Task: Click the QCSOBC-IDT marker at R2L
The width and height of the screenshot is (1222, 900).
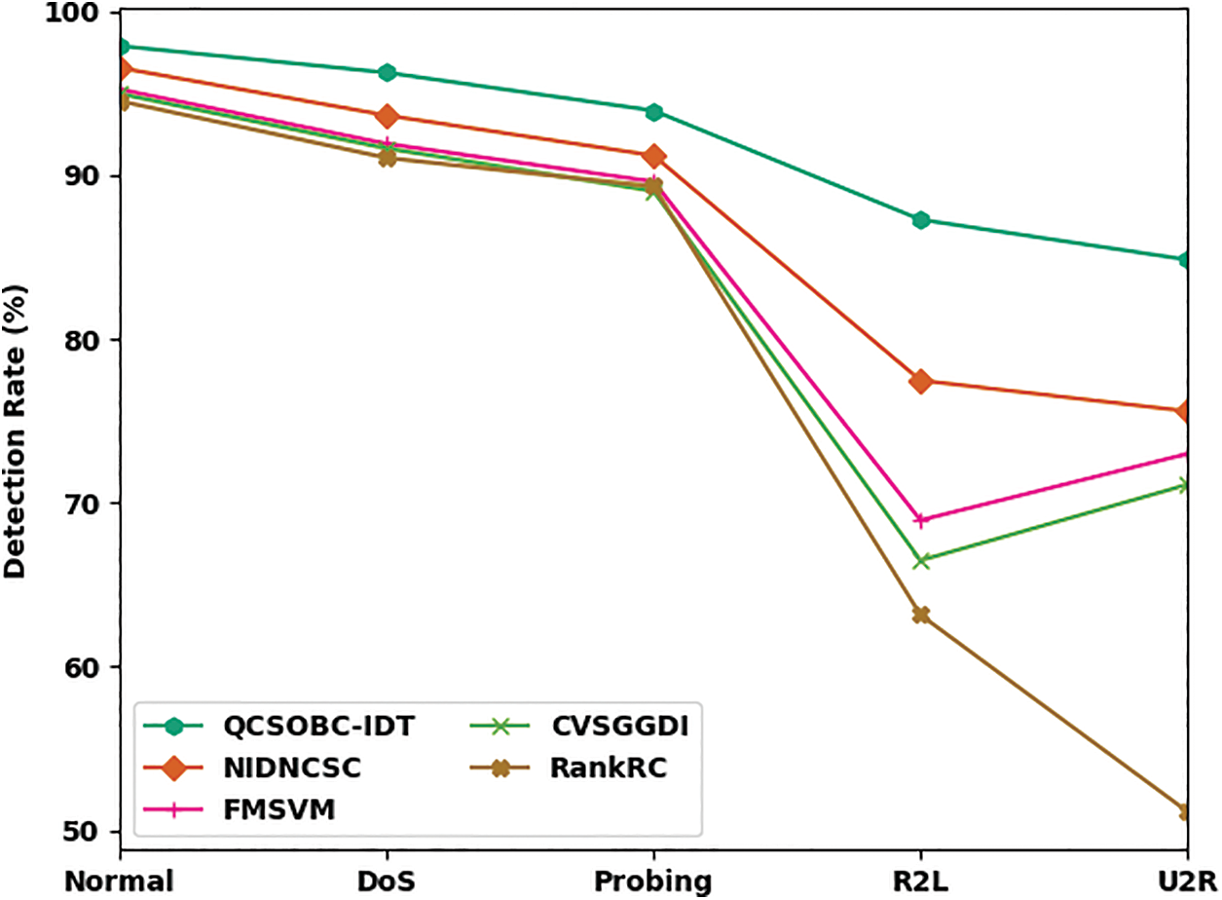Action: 920,220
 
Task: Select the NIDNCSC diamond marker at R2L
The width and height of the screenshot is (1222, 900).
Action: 920,381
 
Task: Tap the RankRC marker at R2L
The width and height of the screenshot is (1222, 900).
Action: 920,615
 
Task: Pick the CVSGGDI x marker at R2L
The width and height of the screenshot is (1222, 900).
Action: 920,560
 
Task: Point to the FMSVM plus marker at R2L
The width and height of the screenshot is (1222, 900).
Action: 920,520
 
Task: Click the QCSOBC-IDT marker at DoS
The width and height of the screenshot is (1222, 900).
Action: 387,72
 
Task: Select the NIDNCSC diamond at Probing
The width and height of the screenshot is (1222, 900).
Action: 653,156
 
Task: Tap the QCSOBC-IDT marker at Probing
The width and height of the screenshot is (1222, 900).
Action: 653,112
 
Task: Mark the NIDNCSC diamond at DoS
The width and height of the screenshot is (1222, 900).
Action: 387,117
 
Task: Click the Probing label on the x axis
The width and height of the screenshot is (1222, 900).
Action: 653,881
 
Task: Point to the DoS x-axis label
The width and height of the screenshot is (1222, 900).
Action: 387,881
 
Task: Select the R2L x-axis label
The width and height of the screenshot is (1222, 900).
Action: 920,881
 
